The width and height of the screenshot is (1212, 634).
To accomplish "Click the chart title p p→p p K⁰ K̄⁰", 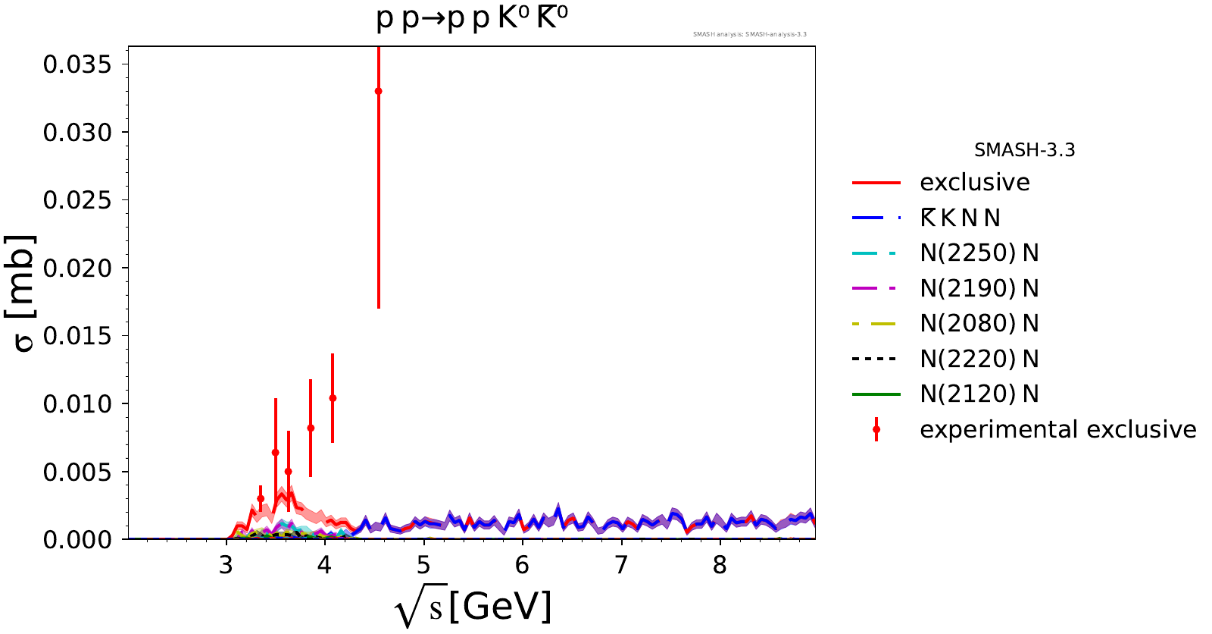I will [472, 18].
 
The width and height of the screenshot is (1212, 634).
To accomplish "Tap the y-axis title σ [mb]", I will [23, 293].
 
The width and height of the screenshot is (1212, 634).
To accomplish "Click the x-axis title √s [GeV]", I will [473, 607].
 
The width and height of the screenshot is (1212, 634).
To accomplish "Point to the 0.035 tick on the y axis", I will [77, 64].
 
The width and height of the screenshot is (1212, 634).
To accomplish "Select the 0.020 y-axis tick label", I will [77, 268].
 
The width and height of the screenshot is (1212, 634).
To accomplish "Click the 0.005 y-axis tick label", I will [77, 472].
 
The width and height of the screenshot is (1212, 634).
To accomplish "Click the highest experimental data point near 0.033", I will [378, 91].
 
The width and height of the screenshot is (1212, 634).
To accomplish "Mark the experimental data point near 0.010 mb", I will [333, 398].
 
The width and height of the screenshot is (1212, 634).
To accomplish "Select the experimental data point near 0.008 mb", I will [311, 428].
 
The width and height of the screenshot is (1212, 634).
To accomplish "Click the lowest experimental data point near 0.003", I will [261, 498].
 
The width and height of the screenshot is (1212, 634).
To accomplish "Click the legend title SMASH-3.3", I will [1024, 150].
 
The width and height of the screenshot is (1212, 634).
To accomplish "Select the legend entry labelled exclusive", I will [974, 183].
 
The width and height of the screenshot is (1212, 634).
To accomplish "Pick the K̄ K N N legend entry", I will [960, 218].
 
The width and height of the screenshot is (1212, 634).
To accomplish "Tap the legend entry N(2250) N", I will [979, 253].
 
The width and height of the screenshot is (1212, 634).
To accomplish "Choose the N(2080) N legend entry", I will [979, 324].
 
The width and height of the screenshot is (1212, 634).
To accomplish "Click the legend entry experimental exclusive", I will [1057, 430].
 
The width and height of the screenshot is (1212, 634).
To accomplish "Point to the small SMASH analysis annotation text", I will [749, 34].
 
